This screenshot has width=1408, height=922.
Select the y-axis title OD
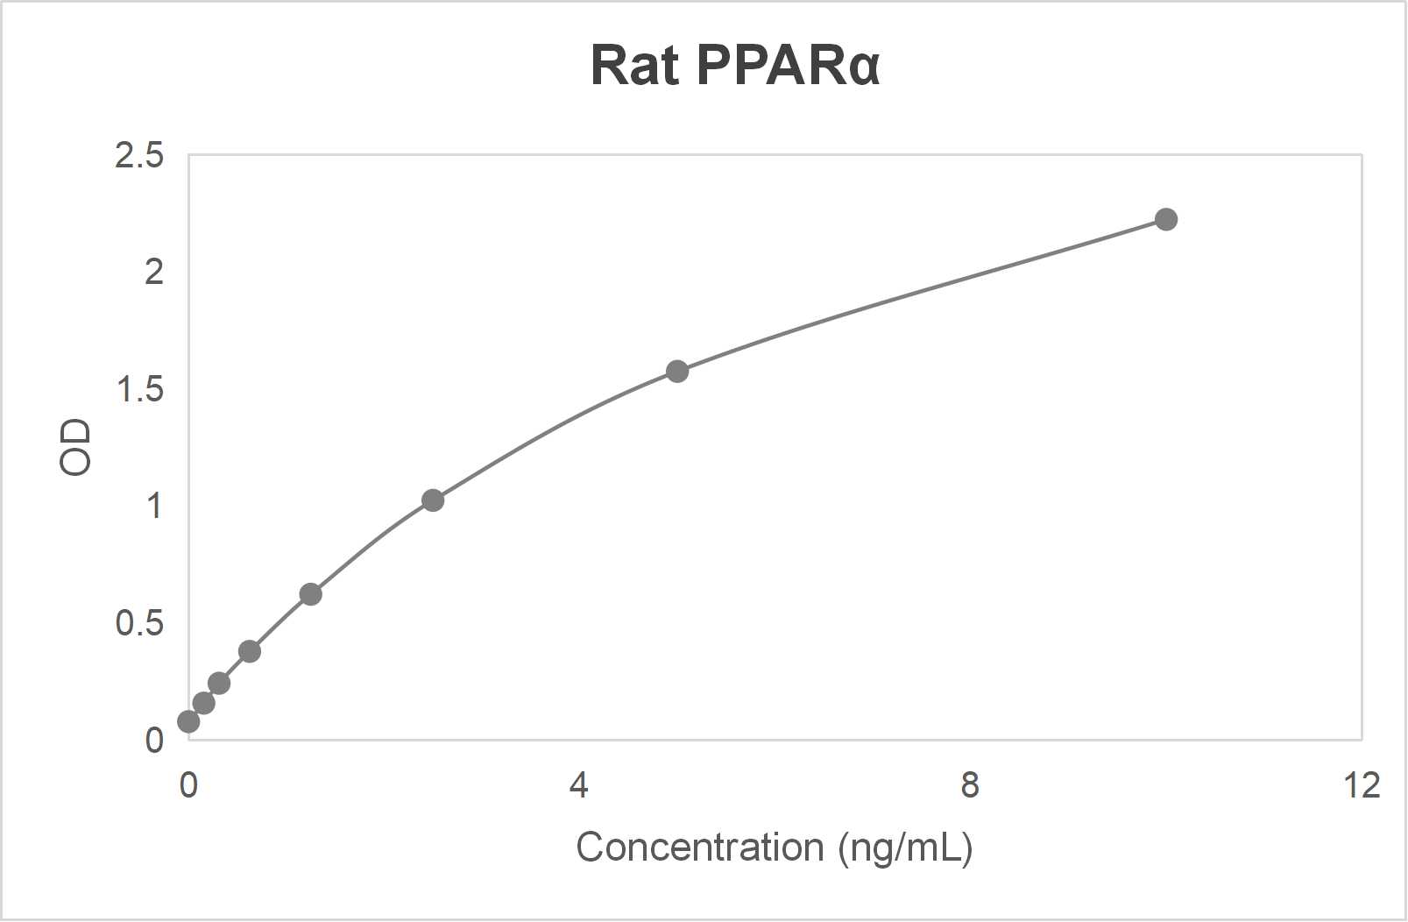tap(75, 447)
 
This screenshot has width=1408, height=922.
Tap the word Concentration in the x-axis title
tap(699, 848)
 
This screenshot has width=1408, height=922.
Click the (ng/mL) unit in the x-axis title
tap(905, 848)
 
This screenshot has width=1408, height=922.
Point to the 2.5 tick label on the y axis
tap(139, 156)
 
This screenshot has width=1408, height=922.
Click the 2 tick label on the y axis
tap(154, 273)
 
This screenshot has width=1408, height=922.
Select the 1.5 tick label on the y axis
tap(139, 390)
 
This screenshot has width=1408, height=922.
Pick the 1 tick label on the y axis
tap(154, 507)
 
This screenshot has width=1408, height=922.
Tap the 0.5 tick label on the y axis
tap(139, 623)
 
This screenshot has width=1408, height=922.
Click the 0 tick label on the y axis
tap(154, 741)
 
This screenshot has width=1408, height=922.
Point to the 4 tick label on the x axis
tap(578, 785)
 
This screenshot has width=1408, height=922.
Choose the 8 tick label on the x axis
tap(969, 785)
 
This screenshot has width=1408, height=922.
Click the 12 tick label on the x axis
tap(1360, 785)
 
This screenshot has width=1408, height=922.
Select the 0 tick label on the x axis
tap(188, 785)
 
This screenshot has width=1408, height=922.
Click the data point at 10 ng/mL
tap(1165, 219)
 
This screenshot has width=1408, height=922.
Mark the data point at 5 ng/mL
tap(677, 371)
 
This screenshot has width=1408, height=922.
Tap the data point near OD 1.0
tap(433, 500)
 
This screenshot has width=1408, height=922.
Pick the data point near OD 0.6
tap(310, 594)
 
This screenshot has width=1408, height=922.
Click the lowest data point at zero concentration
tap(188, 721)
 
